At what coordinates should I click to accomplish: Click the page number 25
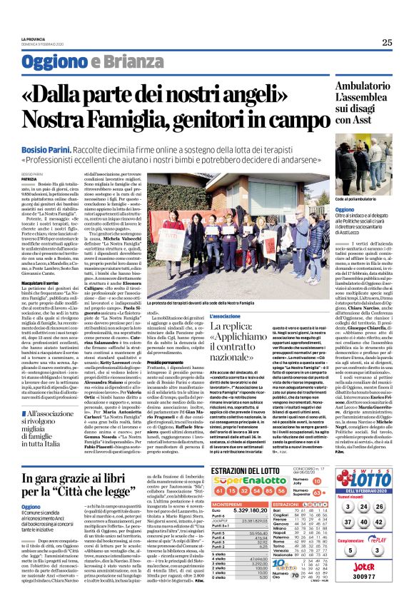tap(386, 43)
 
